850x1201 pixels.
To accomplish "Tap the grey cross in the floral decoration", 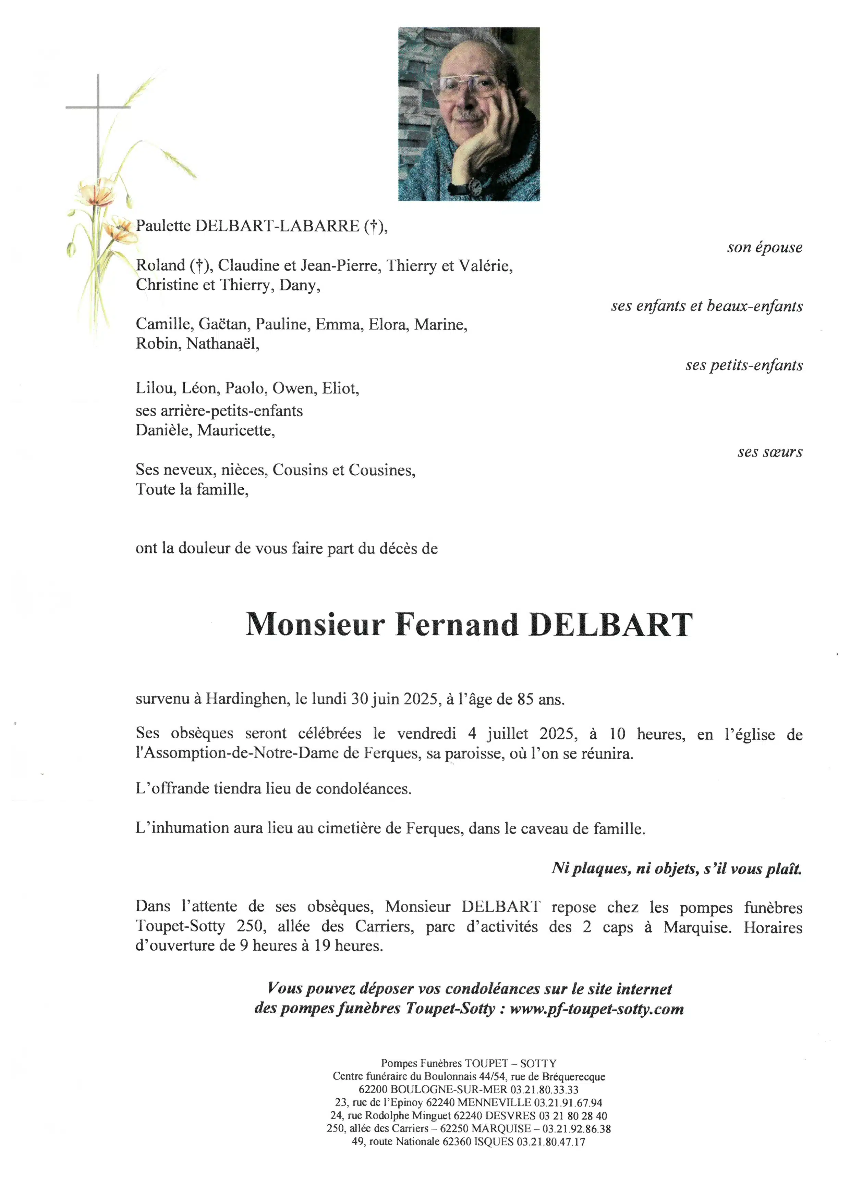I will [x=98, y=107].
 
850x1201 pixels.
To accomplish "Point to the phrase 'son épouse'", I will [x=764, y=247].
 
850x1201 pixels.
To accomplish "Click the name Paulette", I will [x=163, y=226].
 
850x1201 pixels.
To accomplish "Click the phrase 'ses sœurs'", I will [x=769, y=452].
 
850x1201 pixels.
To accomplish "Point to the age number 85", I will [x=525, y=699].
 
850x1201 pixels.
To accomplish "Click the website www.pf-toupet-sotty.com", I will [x=597, y=1009].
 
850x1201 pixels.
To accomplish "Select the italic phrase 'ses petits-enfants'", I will [x=744, y=365].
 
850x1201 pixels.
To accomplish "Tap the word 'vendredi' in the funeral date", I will [x=427, y=734].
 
